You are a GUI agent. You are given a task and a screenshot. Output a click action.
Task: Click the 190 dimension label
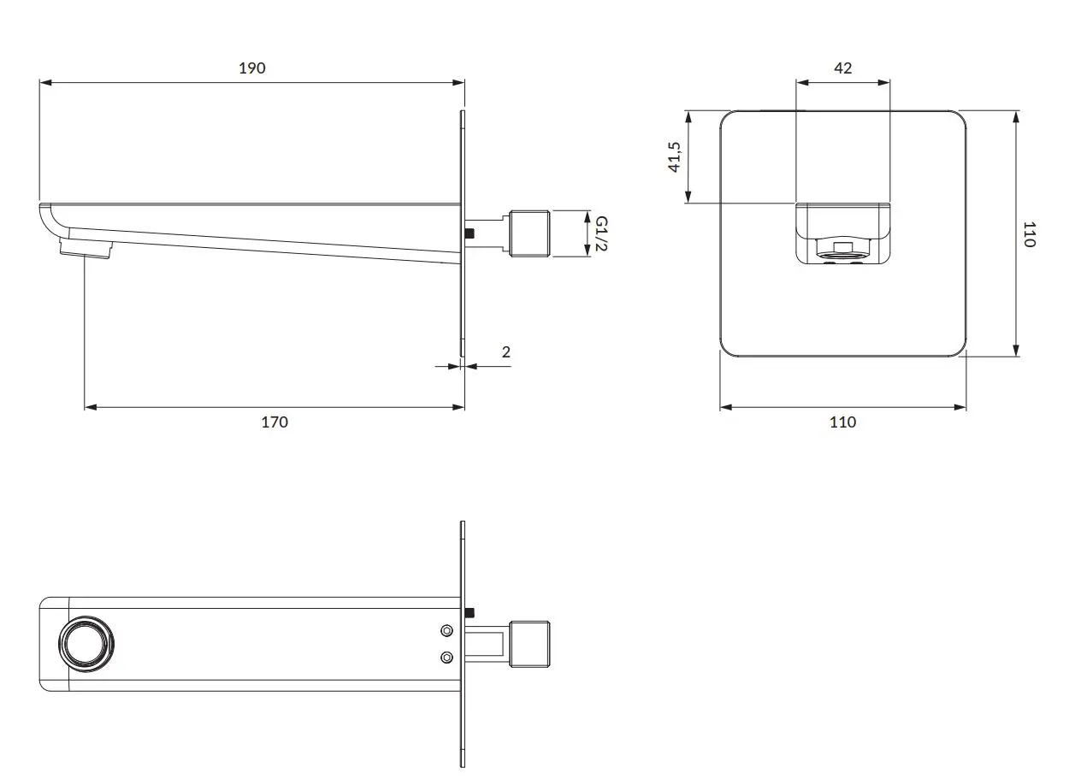click(x=252, y=68)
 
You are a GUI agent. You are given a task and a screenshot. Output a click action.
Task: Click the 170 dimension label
click(x=275, y=422)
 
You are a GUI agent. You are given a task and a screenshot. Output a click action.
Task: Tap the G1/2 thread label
click(x=601, y=233)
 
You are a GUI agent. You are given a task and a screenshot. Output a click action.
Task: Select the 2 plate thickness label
click(x=506, y=352)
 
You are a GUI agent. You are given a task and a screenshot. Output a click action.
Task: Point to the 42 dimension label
click(x=842, y=68)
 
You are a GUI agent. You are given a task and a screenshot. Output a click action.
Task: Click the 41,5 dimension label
click(x=675, y=157)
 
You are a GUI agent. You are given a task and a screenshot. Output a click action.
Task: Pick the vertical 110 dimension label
click(x=1029, y=234)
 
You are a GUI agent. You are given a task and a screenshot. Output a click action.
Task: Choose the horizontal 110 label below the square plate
click(x=842, y=422)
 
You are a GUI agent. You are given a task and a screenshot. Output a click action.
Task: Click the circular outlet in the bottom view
click(x=86, y=644)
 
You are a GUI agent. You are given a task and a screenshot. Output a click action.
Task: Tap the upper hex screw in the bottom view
click(x=446, y=631)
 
